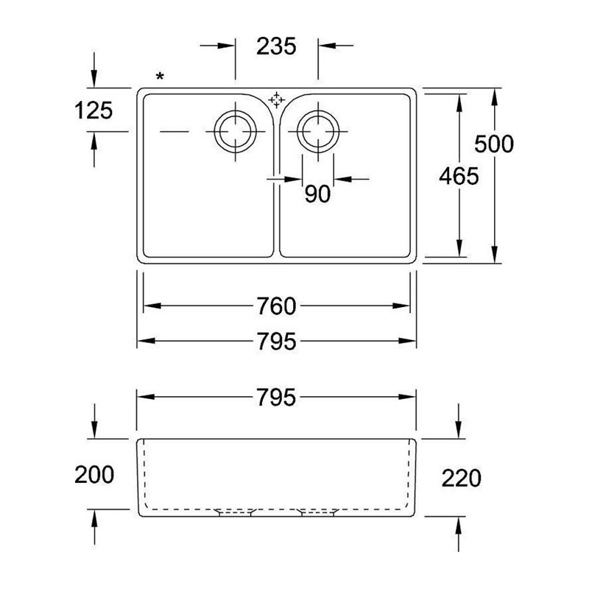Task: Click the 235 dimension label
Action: tap(277, 46)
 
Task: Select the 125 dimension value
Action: tap(94, 110)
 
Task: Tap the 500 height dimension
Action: tap(493, 144)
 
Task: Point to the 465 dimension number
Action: tap(459, 176)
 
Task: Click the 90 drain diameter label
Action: tap(317, 194)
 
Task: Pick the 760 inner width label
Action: tap(277, 306)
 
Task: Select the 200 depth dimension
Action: tap(94, 474)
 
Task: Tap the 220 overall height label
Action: tap(461, 478)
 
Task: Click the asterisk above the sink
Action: tap(160, 77)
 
